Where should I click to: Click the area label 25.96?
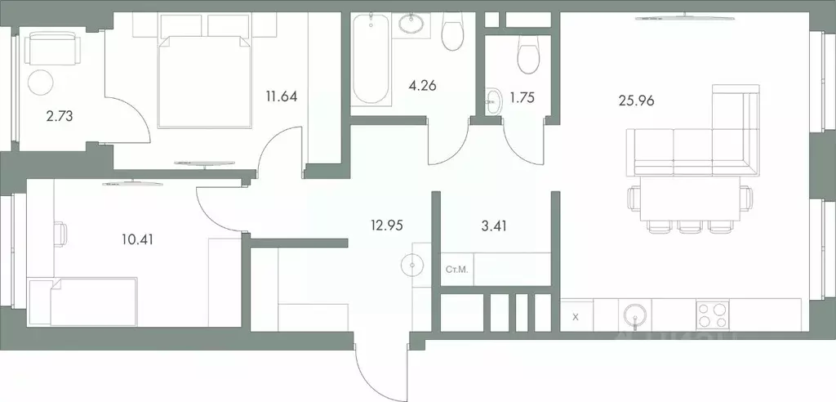pos(637,101)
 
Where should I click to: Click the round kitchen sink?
pos(634,315)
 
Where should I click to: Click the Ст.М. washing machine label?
pos(456,268)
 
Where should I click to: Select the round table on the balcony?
pos(41,82)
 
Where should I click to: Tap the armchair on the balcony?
pos(52,47)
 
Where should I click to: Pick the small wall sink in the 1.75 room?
pos(493,101)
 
